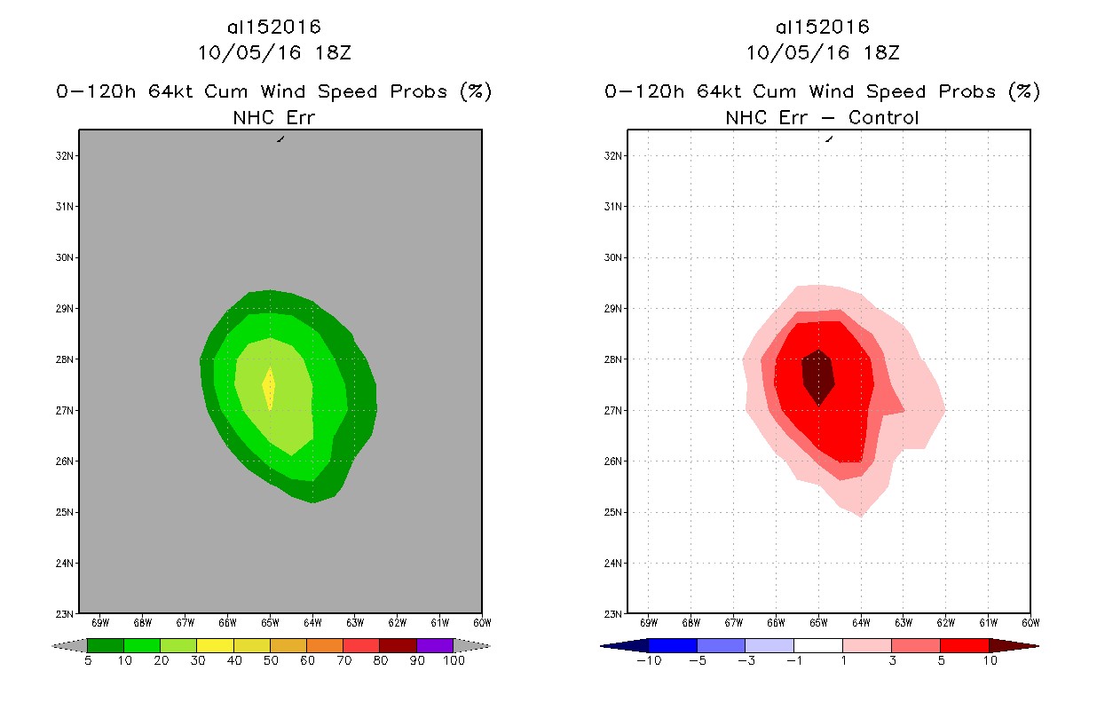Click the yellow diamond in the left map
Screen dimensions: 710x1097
point(268,387)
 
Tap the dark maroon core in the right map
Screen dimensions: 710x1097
point(817,375)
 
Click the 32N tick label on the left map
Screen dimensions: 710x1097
point(64,156)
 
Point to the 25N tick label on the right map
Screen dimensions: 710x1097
point(612,513)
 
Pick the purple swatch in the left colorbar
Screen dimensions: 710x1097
point(435,645)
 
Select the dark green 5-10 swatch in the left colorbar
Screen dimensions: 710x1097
point(106,645)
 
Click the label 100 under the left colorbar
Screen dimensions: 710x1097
point(454,661)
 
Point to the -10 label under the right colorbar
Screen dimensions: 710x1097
point(648,661)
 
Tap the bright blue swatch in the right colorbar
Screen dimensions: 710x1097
point(673,645)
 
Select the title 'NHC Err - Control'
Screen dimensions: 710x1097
point(822,118)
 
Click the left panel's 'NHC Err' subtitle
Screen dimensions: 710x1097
point(273,118)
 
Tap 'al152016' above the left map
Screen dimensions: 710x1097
point(273,28)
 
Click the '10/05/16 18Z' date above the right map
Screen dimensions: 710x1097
point(822,52)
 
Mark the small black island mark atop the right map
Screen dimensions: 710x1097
point(829,138)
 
